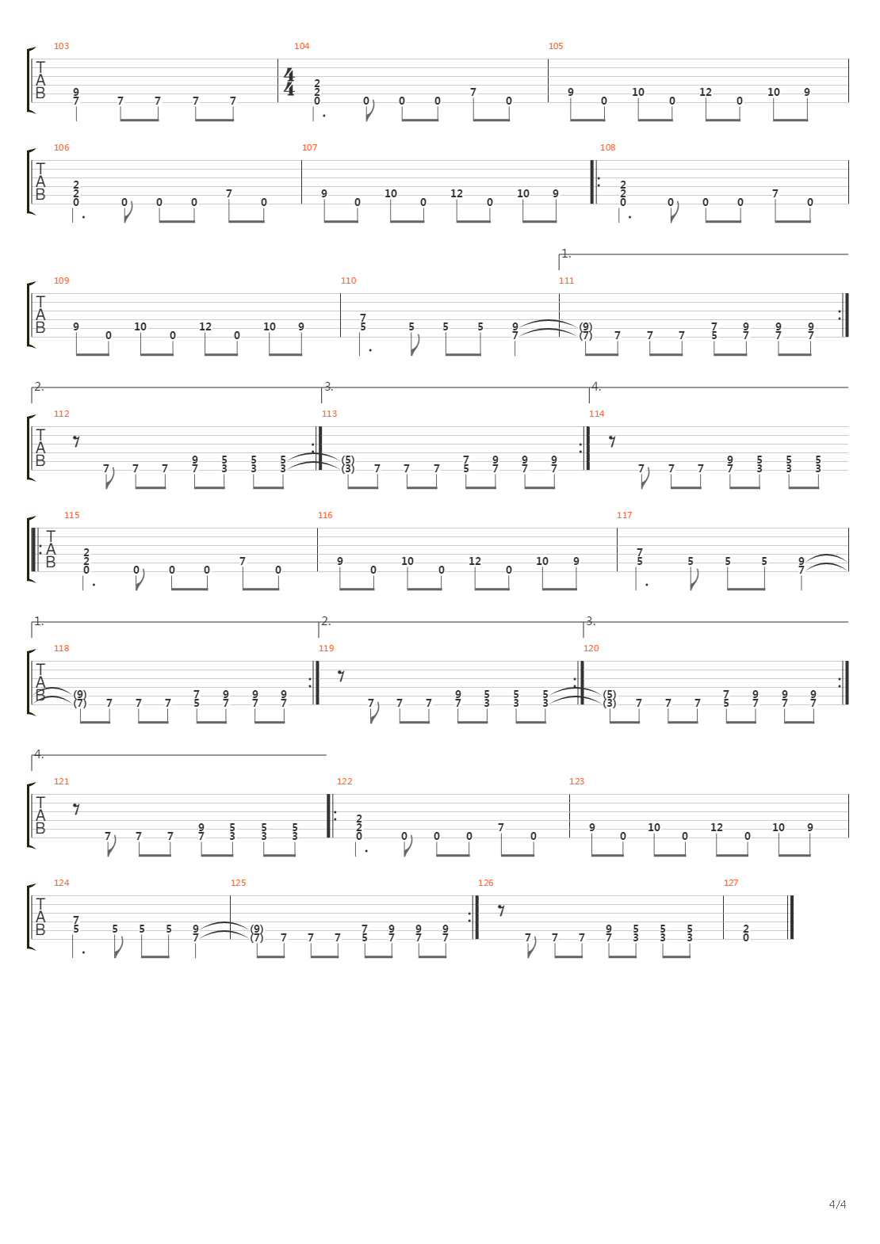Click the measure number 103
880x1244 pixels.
pos(61,46)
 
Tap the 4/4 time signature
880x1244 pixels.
pos(289,82)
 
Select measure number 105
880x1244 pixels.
pos(556,46)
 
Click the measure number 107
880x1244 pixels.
pos(309,147)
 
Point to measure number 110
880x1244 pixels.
pos(348,281)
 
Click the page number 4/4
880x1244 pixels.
pos(837,1220)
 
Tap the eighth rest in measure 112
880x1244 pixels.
pos(76,441)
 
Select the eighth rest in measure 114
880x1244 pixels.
pos(612,441)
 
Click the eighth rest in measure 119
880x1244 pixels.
pos(341,676)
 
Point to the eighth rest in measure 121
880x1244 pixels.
pos(76,809)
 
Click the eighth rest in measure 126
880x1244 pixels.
pos(501,910)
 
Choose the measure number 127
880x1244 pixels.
pos(731,883)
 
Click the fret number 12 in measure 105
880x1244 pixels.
pos(706,92)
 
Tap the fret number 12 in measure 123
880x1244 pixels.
pos(717,827)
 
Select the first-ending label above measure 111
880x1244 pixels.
pos(566,254)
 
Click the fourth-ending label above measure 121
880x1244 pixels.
pos(39,754)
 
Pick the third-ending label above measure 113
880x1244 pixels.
pos(329,387)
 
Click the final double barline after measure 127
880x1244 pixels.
pos(790,918)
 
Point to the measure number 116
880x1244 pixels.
pos(325,515)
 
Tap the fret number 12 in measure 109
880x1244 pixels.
pos(205,326)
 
